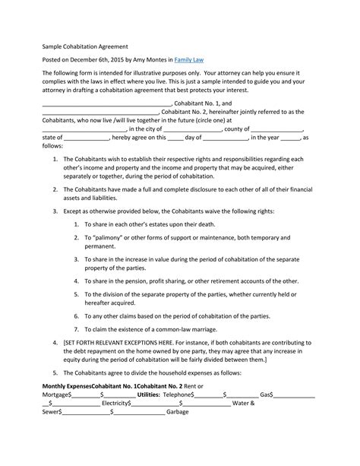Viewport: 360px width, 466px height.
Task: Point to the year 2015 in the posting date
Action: tap(108, 59)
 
